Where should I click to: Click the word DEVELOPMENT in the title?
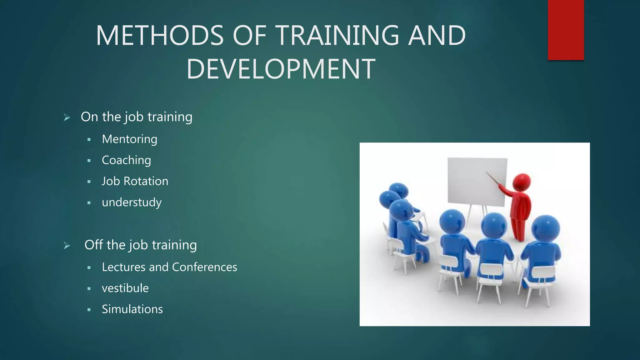click(x=281, y=69)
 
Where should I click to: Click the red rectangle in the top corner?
click(x=566, y=30)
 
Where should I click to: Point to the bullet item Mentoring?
click(x=129, y=139)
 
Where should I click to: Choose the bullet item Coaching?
click(x=126, y=160)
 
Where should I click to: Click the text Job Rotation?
click(x=135, y=181)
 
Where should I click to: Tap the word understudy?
click(x=132, y=202)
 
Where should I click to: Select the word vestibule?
click(x=125, y=288)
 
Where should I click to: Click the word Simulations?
click(x=132, y=309)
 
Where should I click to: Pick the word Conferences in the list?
click(x=204, y=267)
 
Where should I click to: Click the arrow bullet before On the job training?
click(x=67, y=117)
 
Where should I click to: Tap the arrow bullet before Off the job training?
click(x=67, y=246)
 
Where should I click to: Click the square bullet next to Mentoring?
click(x=89, y=140)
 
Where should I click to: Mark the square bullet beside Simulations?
click(x=89, y=310)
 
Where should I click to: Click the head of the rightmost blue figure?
click(x=545, y=228)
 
